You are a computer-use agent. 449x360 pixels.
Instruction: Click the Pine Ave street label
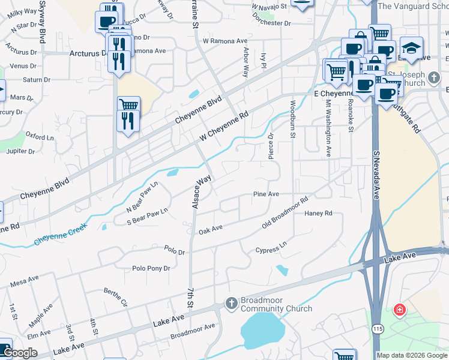tap(266, 194)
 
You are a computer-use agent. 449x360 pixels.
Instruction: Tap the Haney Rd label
tap(318, 214)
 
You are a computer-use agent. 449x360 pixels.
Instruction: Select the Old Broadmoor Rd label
tap(285, 212)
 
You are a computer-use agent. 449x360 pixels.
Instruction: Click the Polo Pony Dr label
tap(151, 269)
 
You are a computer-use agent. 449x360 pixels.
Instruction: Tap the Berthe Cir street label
tap(116, 297)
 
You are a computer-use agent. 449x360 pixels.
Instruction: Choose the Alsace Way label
tap(202, 191)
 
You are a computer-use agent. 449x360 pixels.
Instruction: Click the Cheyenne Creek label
tap(60, 234)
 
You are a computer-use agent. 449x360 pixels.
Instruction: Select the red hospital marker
tap(399, 310)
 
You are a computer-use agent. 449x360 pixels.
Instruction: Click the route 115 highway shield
tap(377, 346)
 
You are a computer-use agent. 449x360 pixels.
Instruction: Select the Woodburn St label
tap(292, 119)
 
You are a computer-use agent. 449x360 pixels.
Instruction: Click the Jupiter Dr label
tap(20, 151)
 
